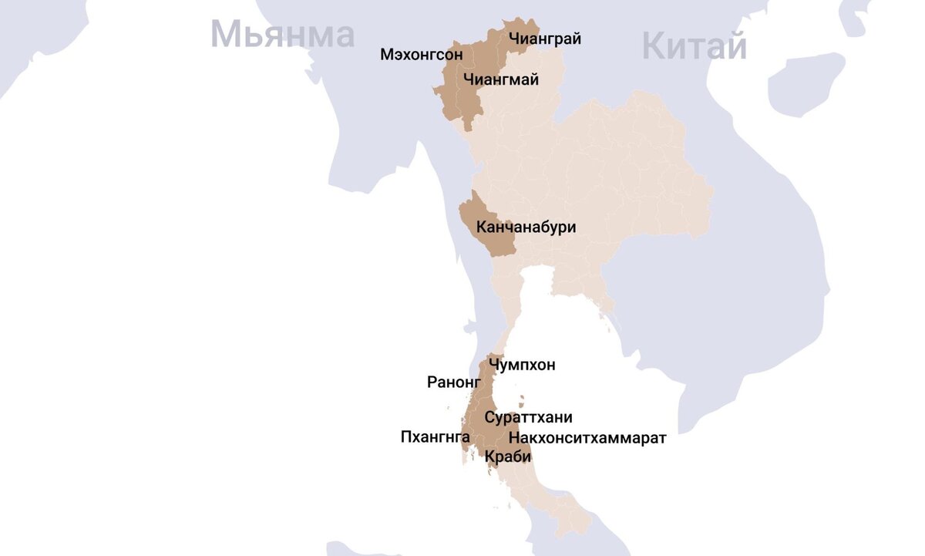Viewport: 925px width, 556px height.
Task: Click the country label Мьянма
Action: tap(282, 35)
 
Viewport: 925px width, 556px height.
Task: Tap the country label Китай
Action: tap(694, 47)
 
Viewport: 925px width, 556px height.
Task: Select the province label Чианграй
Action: tap(545, 39)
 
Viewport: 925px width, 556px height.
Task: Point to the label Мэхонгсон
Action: tap(422, 55)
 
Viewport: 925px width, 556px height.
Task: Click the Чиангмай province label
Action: tap(501, 79)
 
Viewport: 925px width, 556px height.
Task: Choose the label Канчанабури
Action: tap(526, 227)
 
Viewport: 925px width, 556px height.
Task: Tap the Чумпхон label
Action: tap(522, 365)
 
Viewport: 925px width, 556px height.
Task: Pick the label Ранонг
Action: tap(454, 382)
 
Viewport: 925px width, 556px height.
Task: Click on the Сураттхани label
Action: tap(529, 417)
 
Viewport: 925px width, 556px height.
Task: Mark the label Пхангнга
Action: tap(436, 437)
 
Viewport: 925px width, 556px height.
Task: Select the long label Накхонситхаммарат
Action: tap(587, 438)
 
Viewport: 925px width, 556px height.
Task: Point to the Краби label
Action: tap(508, 457)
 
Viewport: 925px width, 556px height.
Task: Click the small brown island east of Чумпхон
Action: tap(522, 402)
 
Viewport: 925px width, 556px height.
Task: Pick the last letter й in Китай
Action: tap(735, 47)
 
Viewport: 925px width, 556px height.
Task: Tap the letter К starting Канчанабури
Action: tap(482, 227)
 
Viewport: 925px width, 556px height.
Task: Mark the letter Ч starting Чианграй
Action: tap(514, 39)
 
